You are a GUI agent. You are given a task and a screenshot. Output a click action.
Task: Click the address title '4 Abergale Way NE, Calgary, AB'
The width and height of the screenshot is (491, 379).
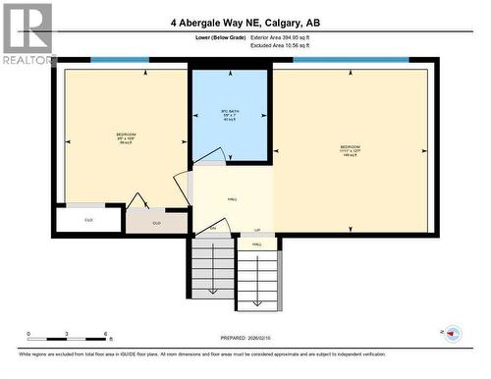point(245,23)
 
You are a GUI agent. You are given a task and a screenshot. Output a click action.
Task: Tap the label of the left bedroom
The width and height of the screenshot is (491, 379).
point(126,137)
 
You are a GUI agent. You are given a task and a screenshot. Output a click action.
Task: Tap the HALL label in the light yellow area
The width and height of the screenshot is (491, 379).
point(233,198)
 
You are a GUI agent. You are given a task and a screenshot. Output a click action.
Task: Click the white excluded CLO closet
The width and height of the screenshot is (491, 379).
point(88,220)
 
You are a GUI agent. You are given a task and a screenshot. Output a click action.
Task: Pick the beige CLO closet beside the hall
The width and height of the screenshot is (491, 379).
point(156,223)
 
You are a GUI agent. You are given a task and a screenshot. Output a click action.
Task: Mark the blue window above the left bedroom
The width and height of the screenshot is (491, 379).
point(119,60)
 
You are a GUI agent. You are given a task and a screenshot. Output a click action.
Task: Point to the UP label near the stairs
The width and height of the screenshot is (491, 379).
point(257,230)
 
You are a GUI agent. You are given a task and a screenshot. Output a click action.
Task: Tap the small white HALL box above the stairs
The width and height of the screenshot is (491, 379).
point(257,243)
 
